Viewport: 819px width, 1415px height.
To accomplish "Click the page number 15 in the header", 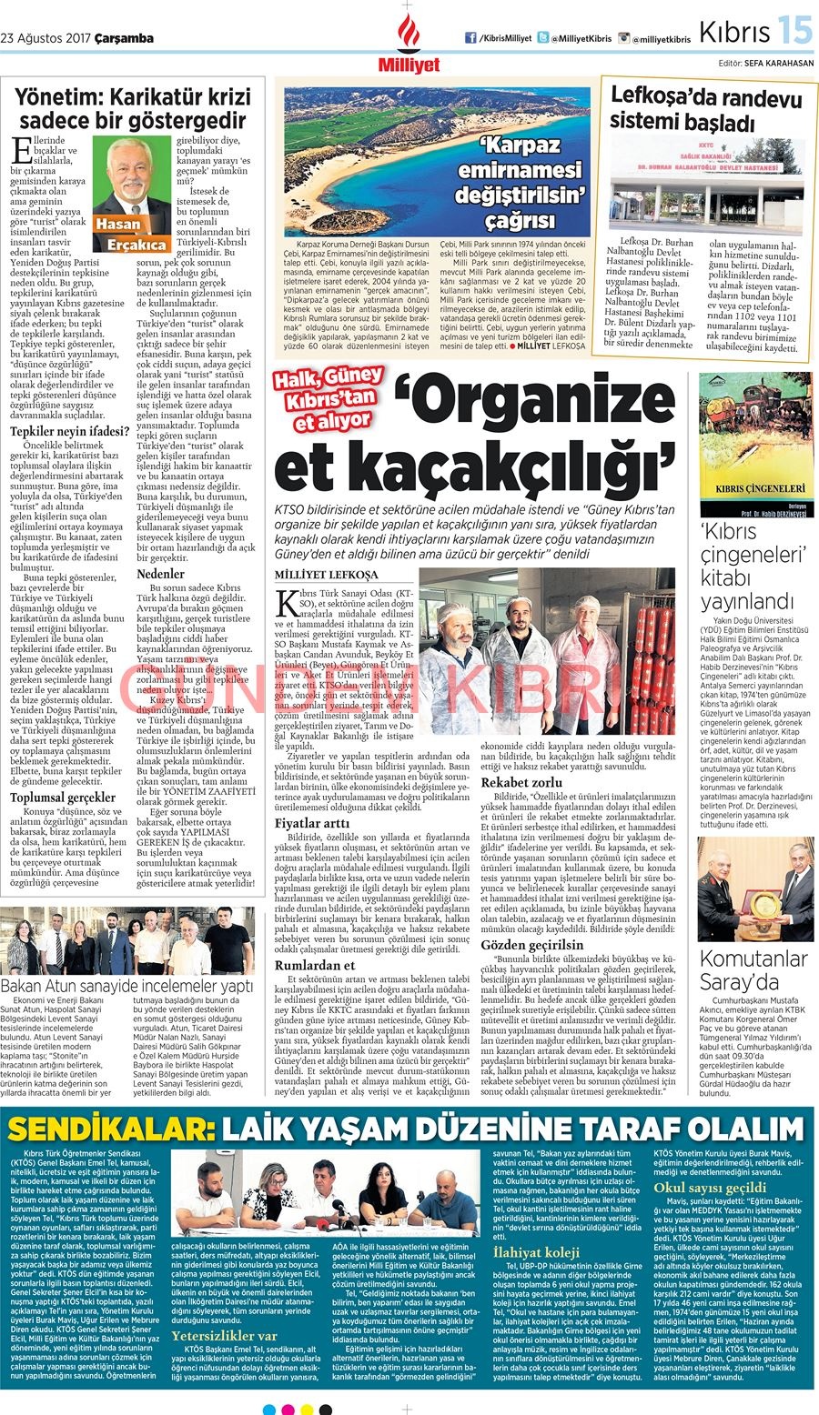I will click(794, 32).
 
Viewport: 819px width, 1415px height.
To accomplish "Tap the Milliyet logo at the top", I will click(409, 45).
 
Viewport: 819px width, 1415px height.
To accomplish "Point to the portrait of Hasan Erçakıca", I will click(133, 187).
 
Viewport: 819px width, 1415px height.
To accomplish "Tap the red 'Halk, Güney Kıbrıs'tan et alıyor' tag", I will click(329, 398).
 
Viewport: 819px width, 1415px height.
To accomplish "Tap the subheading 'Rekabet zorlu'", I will click(521, 782).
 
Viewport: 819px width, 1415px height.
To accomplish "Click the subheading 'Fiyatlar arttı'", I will click(312, 823).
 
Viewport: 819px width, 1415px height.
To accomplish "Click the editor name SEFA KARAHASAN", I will click(778, 64).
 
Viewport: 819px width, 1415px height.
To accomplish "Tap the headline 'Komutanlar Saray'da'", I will click(752, 969).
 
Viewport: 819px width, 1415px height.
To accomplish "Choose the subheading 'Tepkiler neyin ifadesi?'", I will click(69, 431).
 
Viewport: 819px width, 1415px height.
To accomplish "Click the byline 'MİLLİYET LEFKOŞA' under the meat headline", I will click(326, 575).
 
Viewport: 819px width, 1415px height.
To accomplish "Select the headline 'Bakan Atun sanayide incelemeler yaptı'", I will click(126, 986).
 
